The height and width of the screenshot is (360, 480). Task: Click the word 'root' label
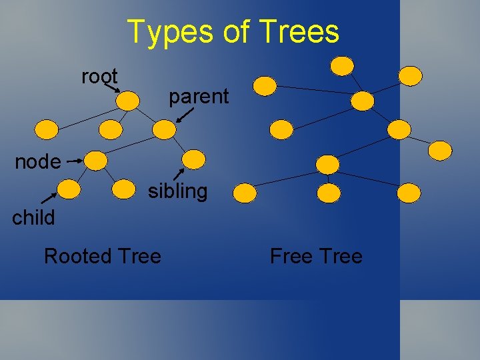pyautogui.click(x=99, y=77)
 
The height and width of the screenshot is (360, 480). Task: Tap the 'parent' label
pyautogui.click(x=198, y=97)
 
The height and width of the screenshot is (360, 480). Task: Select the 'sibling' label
pyautogui.click(x=177, y=192)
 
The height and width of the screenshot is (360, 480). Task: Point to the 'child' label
pyautogui.click(x=33, y=217)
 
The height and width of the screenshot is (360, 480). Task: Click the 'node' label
pyautogui.click(x=38, y=161)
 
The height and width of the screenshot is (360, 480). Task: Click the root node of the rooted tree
pyautogui.click(x=127, y=100)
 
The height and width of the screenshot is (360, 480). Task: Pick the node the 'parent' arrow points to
pyautogui.click(x=163, y=129)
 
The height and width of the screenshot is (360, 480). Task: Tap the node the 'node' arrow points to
pyautogui.click(x=97, y=160)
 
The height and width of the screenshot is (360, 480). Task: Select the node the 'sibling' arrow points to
pyautogui.click(x=194, y=159)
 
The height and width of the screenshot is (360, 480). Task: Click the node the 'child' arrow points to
pyautogui.click(x=69, y=190)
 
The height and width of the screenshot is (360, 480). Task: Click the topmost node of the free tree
pyautogui.click(x=343, y=65)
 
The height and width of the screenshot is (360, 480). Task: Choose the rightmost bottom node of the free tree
pyautogui.click(x=409, y=193)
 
